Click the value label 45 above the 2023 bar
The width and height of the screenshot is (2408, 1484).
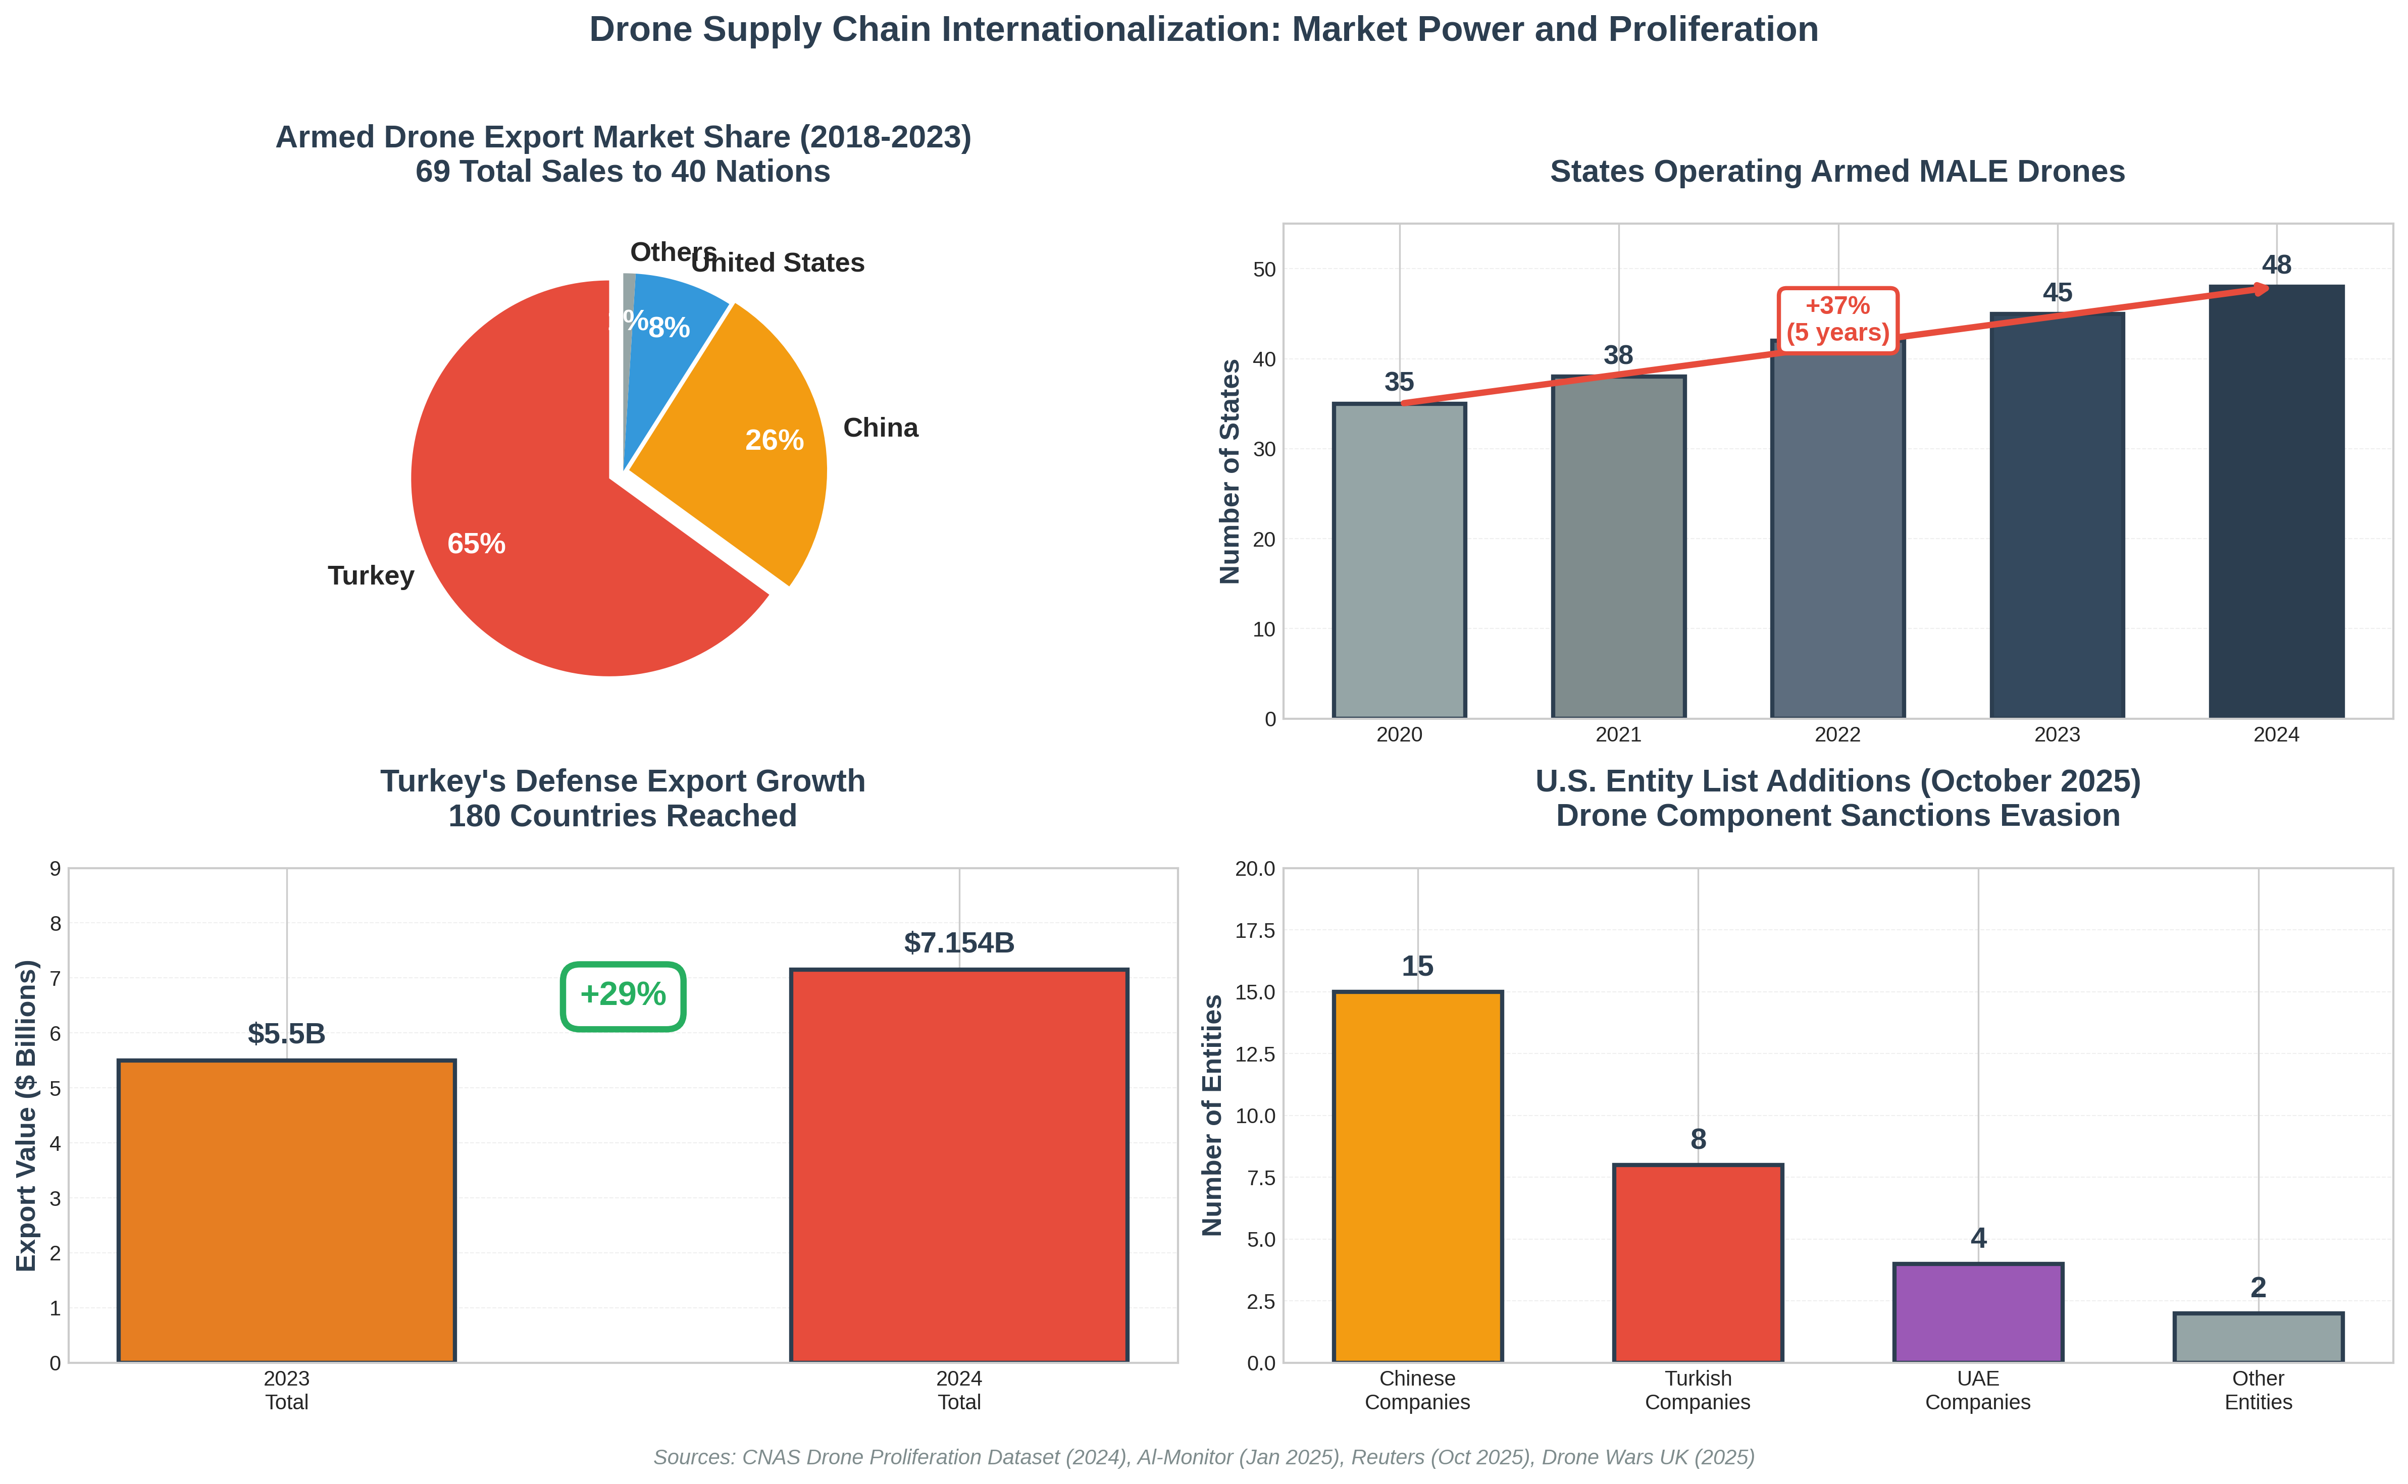[x=2057, y=292]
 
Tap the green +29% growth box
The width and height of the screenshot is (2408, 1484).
[x=623, y=995]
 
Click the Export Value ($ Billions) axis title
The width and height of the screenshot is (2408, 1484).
[x=26, y=1115]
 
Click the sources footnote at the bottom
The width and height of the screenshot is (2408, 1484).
[x=1204, y=1458]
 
